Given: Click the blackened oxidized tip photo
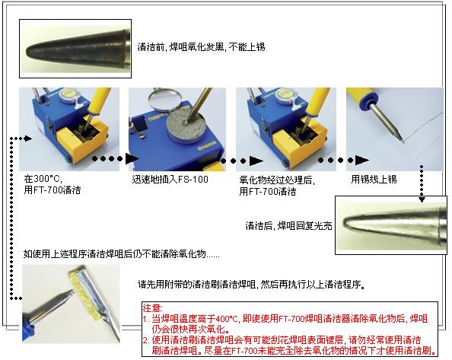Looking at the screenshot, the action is pyautogui.click(x=75, y=49).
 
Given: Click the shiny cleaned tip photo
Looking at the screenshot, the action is pyautogui.click(x=391, y=225).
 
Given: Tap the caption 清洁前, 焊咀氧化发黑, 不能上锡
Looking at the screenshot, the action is pyautogui.click(x=201, y=46).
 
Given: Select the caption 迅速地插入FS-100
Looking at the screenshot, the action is pyautogui.click(x=170, y=180).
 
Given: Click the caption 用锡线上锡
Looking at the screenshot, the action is pyautogui.click(x=374, y=180).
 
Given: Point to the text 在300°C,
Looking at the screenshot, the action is pyautogui.click(x=43, y=179).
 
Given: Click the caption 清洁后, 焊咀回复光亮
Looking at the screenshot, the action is pyautogui.click(x=288, y=225).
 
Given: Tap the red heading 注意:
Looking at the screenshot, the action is pyautogui.click(x=153, y=308).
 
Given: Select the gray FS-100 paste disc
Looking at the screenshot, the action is pyautogui.click(x=183, y=128).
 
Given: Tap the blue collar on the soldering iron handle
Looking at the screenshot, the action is pyautogui.click(x=366, y=102).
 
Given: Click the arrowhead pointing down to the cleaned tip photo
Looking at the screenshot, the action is pyautogui.click(x=422, y=199).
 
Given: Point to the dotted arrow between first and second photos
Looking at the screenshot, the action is pyautogui.click(x=116, y=158).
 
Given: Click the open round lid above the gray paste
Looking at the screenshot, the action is pyautogui.click(x=164, y=100).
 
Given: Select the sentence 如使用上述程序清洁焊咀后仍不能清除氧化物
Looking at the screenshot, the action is pyautogui.click(x=115, y=254).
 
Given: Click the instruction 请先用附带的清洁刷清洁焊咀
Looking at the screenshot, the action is pyautogui.click(x=197, y=285).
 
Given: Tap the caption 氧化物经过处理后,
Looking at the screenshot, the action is pyautogui.click(x=277, y=180).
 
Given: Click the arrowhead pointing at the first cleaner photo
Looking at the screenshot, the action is pyautogui.click(x=28, y=139).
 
